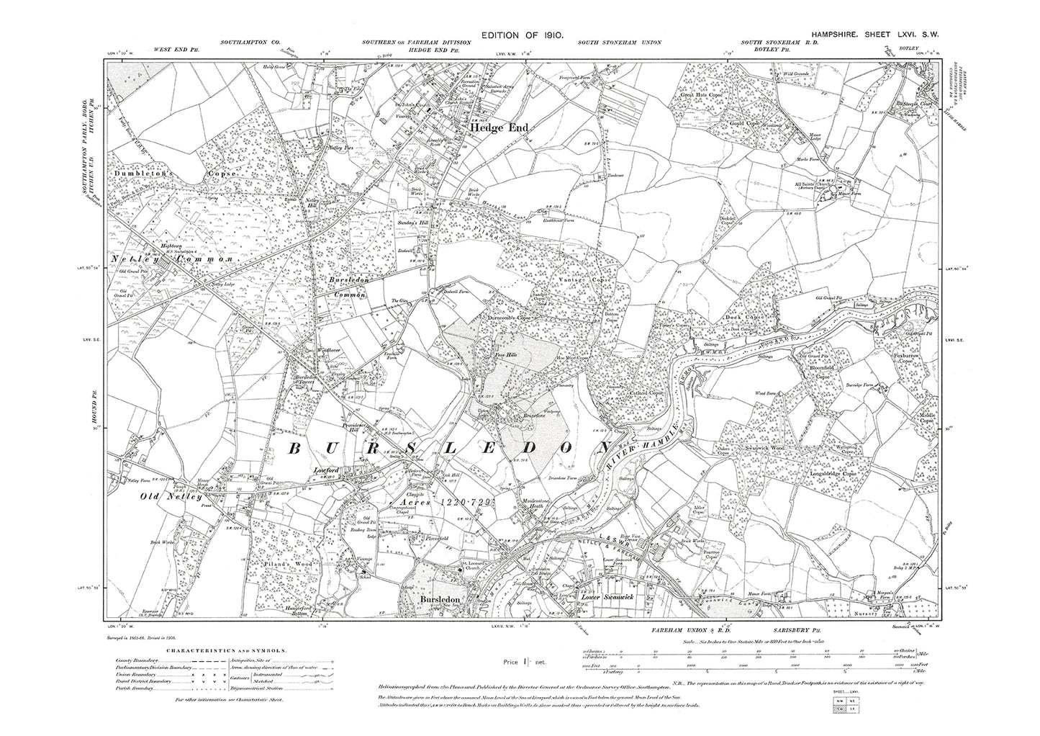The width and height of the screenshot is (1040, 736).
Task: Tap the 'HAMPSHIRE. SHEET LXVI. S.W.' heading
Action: [x=874, y=35]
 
